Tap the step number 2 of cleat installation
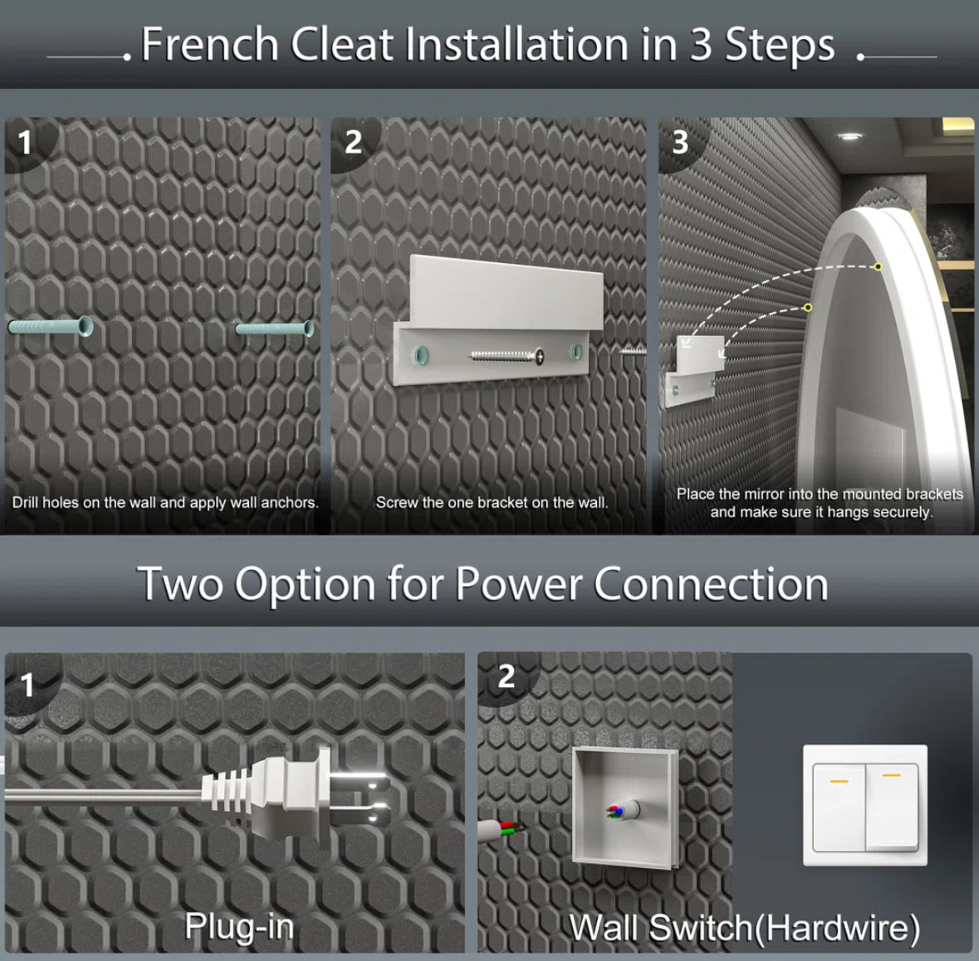coord(354,142)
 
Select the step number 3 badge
coord(680,142)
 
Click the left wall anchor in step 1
coord(51,326)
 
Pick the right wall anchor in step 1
coord(275,329)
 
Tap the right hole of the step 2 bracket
coord(576,352)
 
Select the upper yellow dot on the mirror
coord(878,266)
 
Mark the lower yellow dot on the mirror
coord(808,307)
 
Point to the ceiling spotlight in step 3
coord(849,137)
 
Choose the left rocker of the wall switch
coord(839,807)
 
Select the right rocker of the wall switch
coord(892,807)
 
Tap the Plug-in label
coord(239,926)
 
